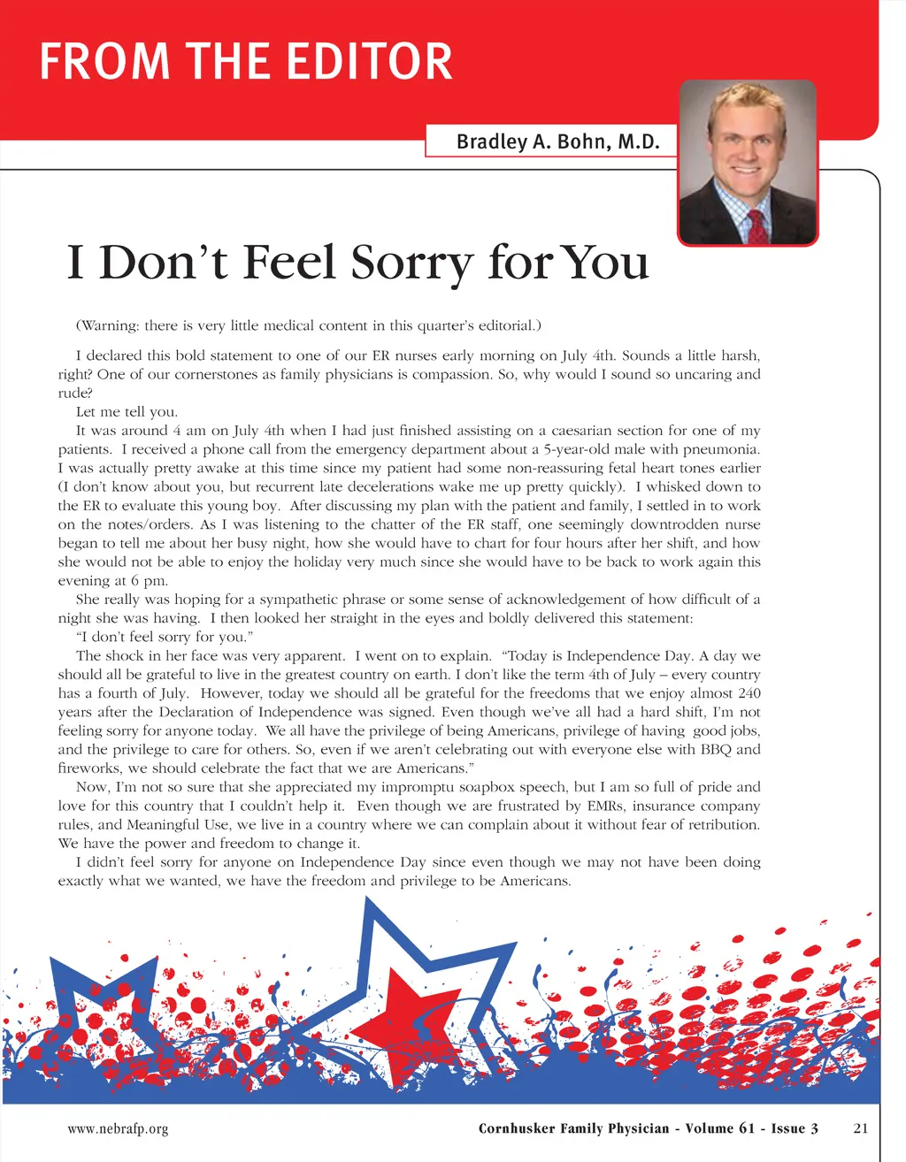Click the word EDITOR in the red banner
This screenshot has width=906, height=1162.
371,62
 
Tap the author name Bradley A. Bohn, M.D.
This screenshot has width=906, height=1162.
557,141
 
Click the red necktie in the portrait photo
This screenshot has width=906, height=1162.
758,226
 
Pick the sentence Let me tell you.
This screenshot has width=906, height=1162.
127,411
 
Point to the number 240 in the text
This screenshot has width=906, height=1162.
749,693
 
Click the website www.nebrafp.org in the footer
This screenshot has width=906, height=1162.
118,1128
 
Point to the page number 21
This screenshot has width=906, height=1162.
861,1128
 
